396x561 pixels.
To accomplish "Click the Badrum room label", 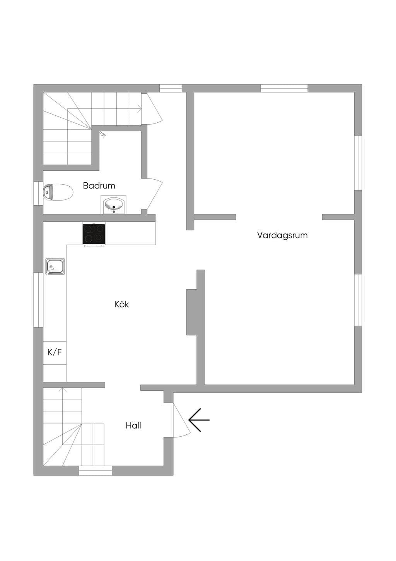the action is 99,185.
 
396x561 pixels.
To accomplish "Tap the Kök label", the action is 121,304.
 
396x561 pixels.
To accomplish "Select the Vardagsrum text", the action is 282,235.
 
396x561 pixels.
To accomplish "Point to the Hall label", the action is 133,425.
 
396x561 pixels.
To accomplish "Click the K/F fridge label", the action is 55,352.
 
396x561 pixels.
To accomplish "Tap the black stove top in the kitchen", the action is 94,234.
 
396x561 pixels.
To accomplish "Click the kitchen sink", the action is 55,266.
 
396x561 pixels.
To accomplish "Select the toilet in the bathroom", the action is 58,192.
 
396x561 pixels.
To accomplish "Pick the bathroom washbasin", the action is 114,204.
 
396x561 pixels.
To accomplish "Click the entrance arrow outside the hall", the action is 199,420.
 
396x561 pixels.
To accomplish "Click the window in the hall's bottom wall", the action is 95,471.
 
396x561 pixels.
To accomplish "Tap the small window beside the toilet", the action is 39,193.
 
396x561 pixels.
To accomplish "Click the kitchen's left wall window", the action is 39,300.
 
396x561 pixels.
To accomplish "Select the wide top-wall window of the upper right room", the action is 284,88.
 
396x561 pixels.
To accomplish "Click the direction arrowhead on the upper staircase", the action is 140,109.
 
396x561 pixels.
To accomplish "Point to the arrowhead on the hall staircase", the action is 63,389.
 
